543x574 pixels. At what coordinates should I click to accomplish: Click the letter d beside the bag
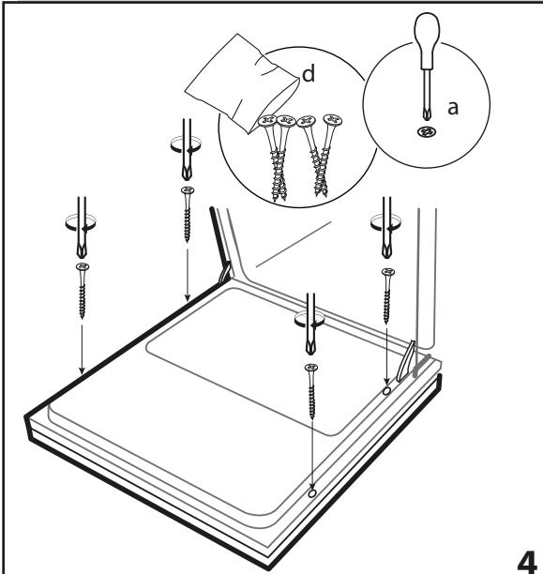coord(309,73)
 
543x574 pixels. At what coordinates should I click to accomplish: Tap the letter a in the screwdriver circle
coord(453,108)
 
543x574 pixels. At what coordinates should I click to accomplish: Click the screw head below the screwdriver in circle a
coord(427,132)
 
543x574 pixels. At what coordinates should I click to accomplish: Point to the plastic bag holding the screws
coord(242,83)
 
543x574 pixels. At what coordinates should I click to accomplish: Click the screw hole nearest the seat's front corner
coord(312,493)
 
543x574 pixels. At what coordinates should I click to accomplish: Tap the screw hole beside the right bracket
coord(386,391)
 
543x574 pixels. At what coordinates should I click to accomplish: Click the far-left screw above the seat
coord(83,291)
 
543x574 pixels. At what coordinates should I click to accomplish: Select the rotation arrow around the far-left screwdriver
coord(81,222)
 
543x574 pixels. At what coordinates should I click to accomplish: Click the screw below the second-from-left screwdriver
coord(188,214)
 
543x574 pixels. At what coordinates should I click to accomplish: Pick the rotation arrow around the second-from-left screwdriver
coord(186,144)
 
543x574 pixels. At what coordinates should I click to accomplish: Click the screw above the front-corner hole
coord(311,391)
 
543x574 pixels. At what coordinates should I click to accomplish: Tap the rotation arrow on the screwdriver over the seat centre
coord(309,319)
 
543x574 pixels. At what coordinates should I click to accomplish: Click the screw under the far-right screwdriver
coord(387,295)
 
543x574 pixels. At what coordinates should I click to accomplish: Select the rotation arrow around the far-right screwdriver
coord(385,222)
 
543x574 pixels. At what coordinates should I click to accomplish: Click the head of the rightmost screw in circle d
coord(333,119)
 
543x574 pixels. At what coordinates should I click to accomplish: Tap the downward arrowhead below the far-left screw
coord(82,370)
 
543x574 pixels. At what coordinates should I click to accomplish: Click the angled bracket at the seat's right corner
coord(405,362)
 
